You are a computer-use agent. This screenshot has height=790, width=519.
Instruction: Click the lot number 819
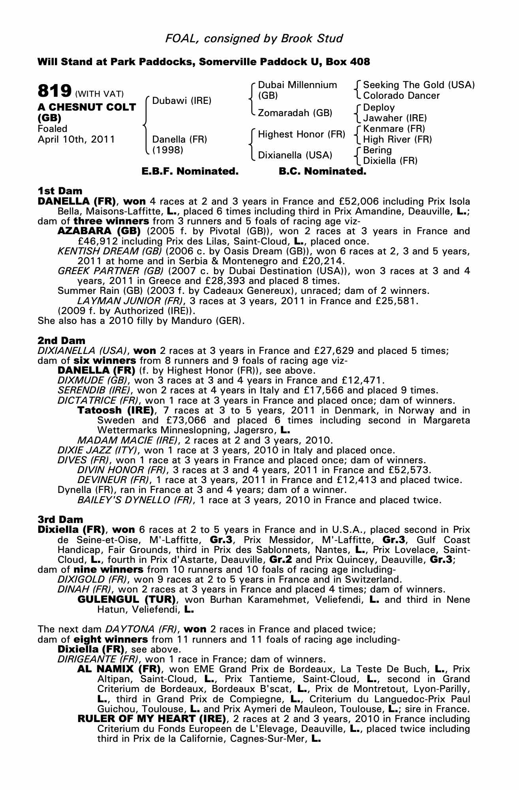click(x=54, y=91)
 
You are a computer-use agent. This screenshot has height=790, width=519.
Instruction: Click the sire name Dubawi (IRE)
click(x=182, y=100)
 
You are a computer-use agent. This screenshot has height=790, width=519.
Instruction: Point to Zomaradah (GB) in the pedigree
click(x=295, y=113)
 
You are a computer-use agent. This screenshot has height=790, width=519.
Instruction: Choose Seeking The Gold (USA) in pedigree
click(x=419, y=85)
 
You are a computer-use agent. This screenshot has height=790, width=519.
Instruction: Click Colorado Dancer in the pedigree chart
click(x=401, y=96)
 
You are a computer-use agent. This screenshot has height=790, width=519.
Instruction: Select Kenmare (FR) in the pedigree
click(x=394, y=129)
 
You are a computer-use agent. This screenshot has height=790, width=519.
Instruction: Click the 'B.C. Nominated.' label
click(x=322, y=171)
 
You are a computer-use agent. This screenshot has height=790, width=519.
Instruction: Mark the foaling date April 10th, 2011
click(x=76, y=139)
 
